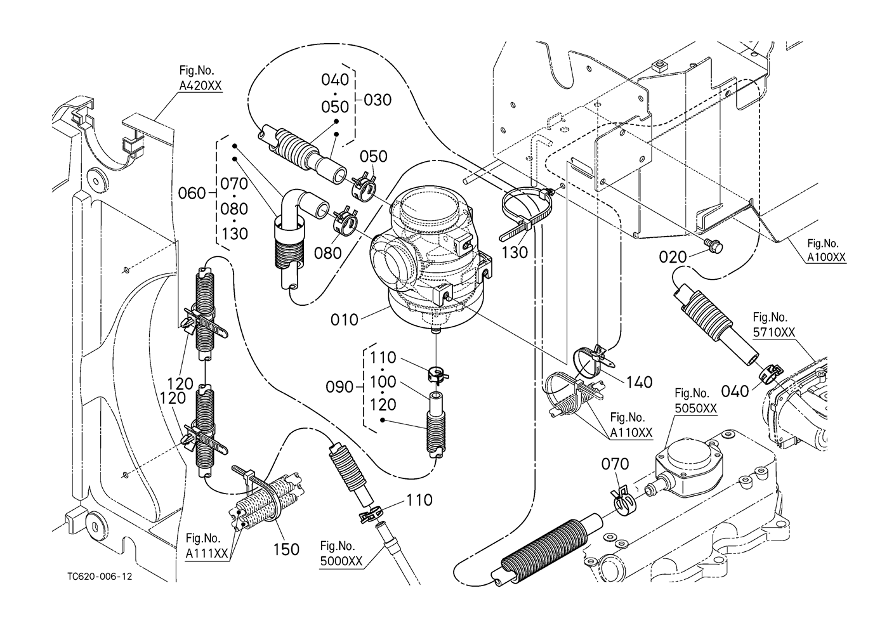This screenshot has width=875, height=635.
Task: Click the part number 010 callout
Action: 345,319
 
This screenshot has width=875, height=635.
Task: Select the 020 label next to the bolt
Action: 673,256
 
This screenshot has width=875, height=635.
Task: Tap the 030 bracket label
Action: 378,100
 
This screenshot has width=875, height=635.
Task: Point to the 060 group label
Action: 192,193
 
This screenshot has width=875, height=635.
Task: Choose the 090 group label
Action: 339,386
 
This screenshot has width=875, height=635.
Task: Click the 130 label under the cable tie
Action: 515,252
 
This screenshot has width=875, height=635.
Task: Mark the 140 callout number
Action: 638,382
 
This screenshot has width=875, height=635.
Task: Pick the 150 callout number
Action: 286,549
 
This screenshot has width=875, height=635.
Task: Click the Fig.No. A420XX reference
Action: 200,80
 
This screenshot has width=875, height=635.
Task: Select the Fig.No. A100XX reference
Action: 827,251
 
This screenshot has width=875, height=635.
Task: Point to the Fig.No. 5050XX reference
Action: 695,402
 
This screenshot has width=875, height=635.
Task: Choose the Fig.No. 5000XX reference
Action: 341,554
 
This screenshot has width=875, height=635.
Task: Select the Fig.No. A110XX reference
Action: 631,425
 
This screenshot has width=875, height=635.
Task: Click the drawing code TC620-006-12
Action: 100,577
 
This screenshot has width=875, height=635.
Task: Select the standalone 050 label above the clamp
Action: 374,156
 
